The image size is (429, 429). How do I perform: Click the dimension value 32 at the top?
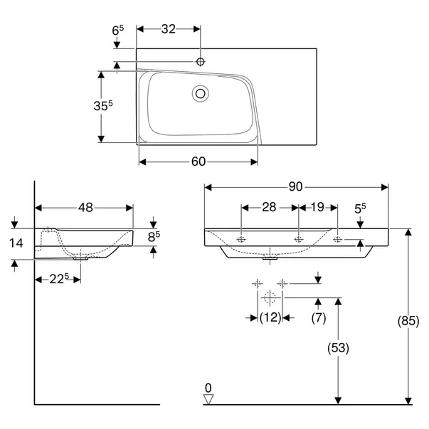pyautogui.click(x=168, y=29)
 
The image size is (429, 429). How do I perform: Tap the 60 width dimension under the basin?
pyautogui.click(x=198, y=161)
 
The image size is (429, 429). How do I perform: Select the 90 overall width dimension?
pyautogui.click(x=296, y=187)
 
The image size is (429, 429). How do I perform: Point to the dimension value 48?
pyautogui.click(x=85, y=208)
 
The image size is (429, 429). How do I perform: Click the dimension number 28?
pyautogui.click(x=269, y=207)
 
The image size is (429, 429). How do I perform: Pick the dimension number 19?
pyautogui.click(x=317, y=207)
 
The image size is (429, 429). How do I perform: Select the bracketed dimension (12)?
pyautogui.click(x=270, y=318)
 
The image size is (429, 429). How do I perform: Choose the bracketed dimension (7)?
pyautogui.click(x=318, y=318)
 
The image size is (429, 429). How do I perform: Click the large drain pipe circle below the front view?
pyautogui.click(x=270, y=297)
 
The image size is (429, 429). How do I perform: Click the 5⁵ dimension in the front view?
pyautogui.click(x=361, y=208)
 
